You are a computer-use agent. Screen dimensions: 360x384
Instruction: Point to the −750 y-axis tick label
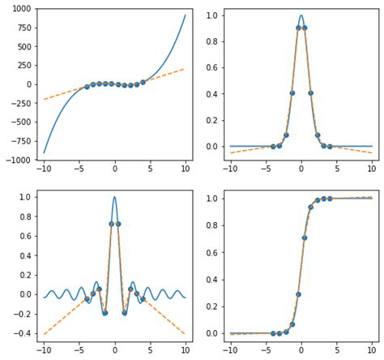pyautogui.click(x=19, y=141)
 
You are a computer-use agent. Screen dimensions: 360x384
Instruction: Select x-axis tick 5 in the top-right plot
pyautogui.click(x=336, y=169)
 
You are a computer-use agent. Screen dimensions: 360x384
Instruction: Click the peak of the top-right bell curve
pyautogui.click(x=301, y=15)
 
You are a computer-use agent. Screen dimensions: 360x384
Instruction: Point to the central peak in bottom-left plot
pyautogui.click(x=114, y=197)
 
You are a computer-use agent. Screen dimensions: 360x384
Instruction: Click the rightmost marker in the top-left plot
pyautogui.click(x=143, y=82)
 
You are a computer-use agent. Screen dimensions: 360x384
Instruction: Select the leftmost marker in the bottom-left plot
pyautogui.click(x=87, y=299)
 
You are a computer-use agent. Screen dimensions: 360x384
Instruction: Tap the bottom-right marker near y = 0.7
pyautogui.click(x=305, y=238)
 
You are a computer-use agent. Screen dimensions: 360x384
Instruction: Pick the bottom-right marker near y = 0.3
pyautogui.click(x=298, y=294)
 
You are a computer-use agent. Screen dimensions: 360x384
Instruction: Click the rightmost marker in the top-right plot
pyautogui.click(x=329, y=147)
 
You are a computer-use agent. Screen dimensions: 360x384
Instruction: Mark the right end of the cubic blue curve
pyautogui.click(x=186, y=15)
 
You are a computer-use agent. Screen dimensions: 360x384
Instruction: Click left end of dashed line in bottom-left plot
pyautogui.click(x=44, y=334)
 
